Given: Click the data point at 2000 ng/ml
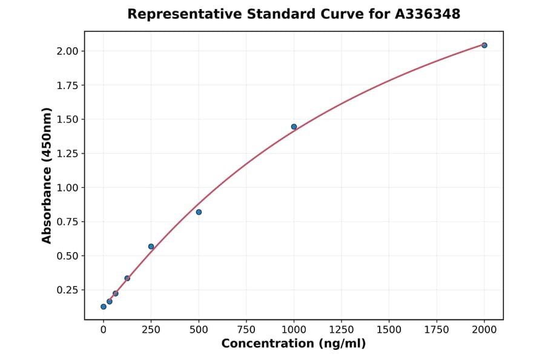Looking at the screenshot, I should [484, 45].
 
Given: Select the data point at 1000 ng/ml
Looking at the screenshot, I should [294, 127].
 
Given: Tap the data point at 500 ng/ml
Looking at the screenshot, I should [199, 212].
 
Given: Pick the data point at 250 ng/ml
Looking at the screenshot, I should [151, 247].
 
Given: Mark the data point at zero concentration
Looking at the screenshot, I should [104, 307].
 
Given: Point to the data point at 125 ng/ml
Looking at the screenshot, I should [127, 278].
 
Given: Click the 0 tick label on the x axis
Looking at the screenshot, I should [104, 330].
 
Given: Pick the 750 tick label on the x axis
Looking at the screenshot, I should [246, 330].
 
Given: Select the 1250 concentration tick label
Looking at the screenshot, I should [342, 330].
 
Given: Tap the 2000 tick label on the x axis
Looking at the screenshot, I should [484, 330].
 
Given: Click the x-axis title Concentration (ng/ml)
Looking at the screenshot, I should [294, 344].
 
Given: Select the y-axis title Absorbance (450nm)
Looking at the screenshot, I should [47, 175].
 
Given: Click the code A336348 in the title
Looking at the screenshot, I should [428, 14].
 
